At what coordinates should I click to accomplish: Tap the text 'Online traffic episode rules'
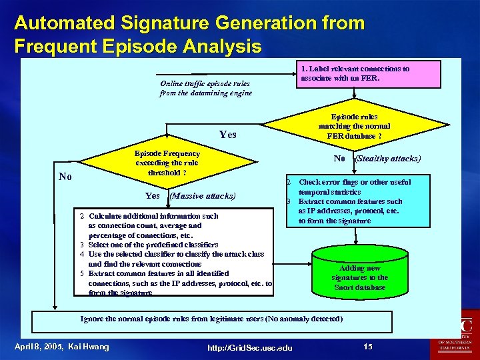(205, 88)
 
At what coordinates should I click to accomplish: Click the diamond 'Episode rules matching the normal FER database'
(354, 126)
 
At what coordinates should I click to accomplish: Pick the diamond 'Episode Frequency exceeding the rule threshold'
(167, 163)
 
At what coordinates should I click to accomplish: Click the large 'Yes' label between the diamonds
(227, 135)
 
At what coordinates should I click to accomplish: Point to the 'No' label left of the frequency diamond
(65, 177)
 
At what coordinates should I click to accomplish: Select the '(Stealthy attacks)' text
(388, 159)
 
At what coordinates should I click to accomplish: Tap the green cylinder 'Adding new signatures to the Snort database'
(359, 273)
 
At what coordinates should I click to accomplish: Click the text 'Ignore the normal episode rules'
(211, 319)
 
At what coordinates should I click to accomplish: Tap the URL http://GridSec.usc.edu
(249, 347)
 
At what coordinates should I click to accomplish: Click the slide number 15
(368, 346)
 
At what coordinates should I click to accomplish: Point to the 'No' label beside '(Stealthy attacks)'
(339, 159)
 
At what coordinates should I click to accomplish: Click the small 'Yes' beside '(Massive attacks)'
(152, 196)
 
